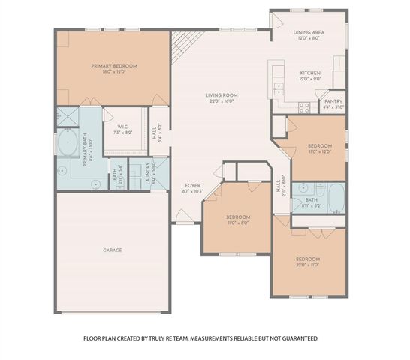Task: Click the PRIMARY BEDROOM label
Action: coord(111,66)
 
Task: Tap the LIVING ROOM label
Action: coord(222,95)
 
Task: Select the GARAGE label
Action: coord(113,250)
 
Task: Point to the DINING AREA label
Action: coord(309,33)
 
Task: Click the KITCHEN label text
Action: coord(310,73)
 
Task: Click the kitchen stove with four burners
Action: coord(304,106)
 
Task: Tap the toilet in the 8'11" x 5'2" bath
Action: coord(298,187)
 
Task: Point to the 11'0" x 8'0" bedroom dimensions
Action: coord(238,223)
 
